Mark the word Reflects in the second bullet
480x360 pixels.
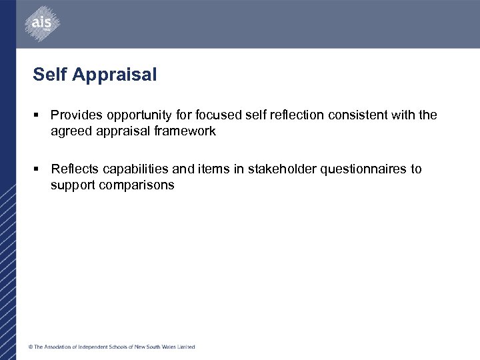point(75,169)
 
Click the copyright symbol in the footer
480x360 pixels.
point(30,347)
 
